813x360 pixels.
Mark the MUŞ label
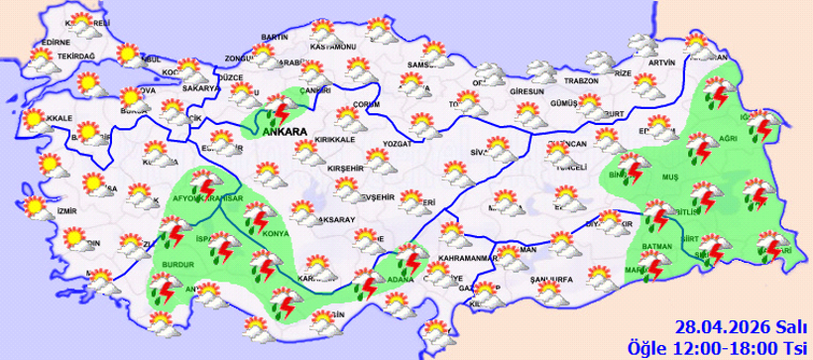669,178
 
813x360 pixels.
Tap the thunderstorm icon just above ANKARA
276,103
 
